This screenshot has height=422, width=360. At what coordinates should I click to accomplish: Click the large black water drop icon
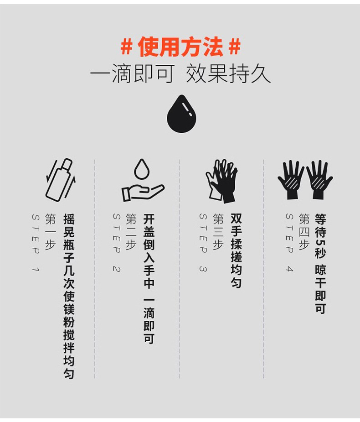coord(181,115)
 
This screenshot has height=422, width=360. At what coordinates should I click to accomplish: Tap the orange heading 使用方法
coord(180,47)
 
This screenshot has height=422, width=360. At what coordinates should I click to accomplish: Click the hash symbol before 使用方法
coord(126,47)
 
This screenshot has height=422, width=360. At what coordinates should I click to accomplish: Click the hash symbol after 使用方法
coord(234,47)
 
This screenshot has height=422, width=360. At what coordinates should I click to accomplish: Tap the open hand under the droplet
coord(142,192)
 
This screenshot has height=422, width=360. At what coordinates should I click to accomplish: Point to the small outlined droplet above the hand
coord(142,169)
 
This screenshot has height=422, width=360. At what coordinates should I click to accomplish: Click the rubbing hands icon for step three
coord(222,180)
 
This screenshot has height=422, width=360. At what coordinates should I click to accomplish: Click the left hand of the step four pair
coord(291,179)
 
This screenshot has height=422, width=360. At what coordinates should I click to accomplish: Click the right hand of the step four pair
coord(319,179)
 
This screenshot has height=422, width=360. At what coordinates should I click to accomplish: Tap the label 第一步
coord(50,232)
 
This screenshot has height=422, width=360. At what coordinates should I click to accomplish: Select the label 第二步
coord(131,232)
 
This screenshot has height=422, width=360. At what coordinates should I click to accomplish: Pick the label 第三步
coord(218,232)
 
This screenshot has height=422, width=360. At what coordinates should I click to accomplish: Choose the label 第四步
coord(303,232)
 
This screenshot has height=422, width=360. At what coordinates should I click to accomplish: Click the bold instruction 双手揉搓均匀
coord(236,250)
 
